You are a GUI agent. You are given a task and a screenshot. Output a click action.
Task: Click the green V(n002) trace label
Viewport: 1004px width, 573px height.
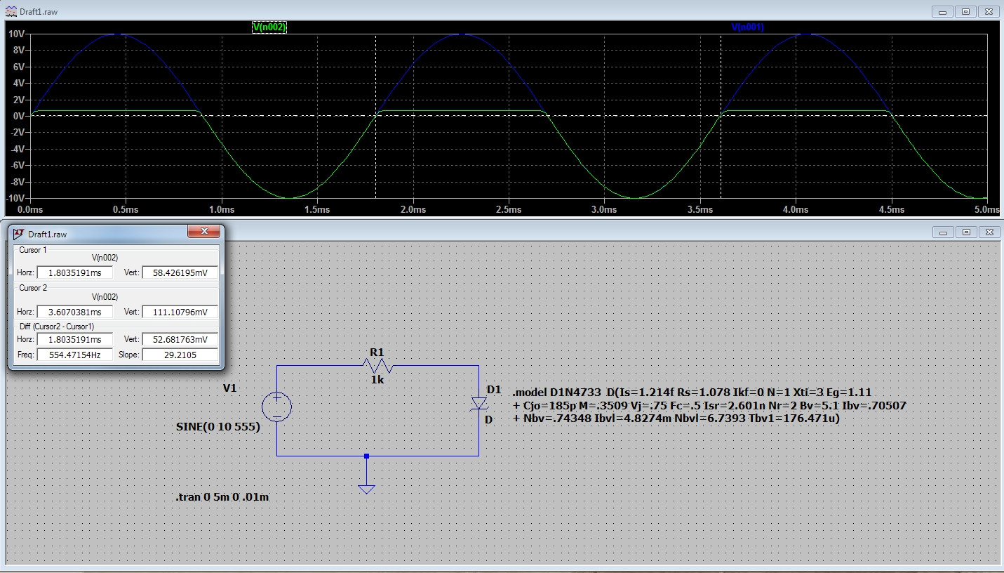269,27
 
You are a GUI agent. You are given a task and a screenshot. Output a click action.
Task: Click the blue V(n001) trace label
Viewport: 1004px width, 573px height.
747,27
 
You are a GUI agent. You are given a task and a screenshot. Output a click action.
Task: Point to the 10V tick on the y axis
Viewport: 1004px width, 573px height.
17,34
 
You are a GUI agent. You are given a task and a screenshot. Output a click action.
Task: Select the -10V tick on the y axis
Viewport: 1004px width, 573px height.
15,199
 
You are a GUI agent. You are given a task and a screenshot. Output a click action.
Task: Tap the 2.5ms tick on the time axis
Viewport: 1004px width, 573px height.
509,209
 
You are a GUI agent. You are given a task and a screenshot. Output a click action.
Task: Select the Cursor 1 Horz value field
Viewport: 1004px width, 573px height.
74,272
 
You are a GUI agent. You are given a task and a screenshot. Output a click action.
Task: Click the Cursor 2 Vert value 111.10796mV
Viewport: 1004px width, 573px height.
180,311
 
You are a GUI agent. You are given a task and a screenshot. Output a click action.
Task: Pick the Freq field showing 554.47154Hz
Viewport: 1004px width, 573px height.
74,355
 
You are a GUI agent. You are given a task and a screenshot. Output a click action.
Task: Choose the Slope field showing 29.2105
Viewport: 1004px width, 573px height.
180,355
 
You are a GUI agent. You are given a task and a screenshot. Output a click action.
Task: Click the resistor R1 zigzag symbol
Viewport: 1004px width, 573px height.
377,366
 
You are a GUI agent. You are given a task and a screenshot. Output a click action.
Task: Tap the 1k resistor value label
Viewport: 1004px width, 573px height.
377,380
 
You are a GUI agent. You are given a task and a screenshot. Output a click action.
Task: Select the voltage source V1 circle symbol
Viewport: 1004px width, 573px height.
277,407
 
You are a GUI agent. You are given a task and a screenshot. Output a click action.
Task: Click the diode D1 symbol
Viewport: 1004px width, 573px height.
479,403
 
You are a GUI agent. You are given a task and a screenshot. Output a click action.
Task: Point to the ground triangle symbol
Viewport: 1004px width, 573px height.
366,489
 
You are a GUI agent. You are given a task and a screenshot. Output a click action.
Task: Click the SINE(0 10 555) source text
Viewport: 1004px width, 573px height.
217,427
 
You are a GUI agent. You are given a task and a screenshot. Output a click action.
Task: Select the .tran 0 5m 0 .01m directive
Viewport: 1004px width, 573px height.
222,497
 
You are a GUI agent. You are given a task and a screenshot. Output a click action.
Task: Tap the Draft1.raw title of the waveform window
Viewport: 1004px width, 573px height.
41,12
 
